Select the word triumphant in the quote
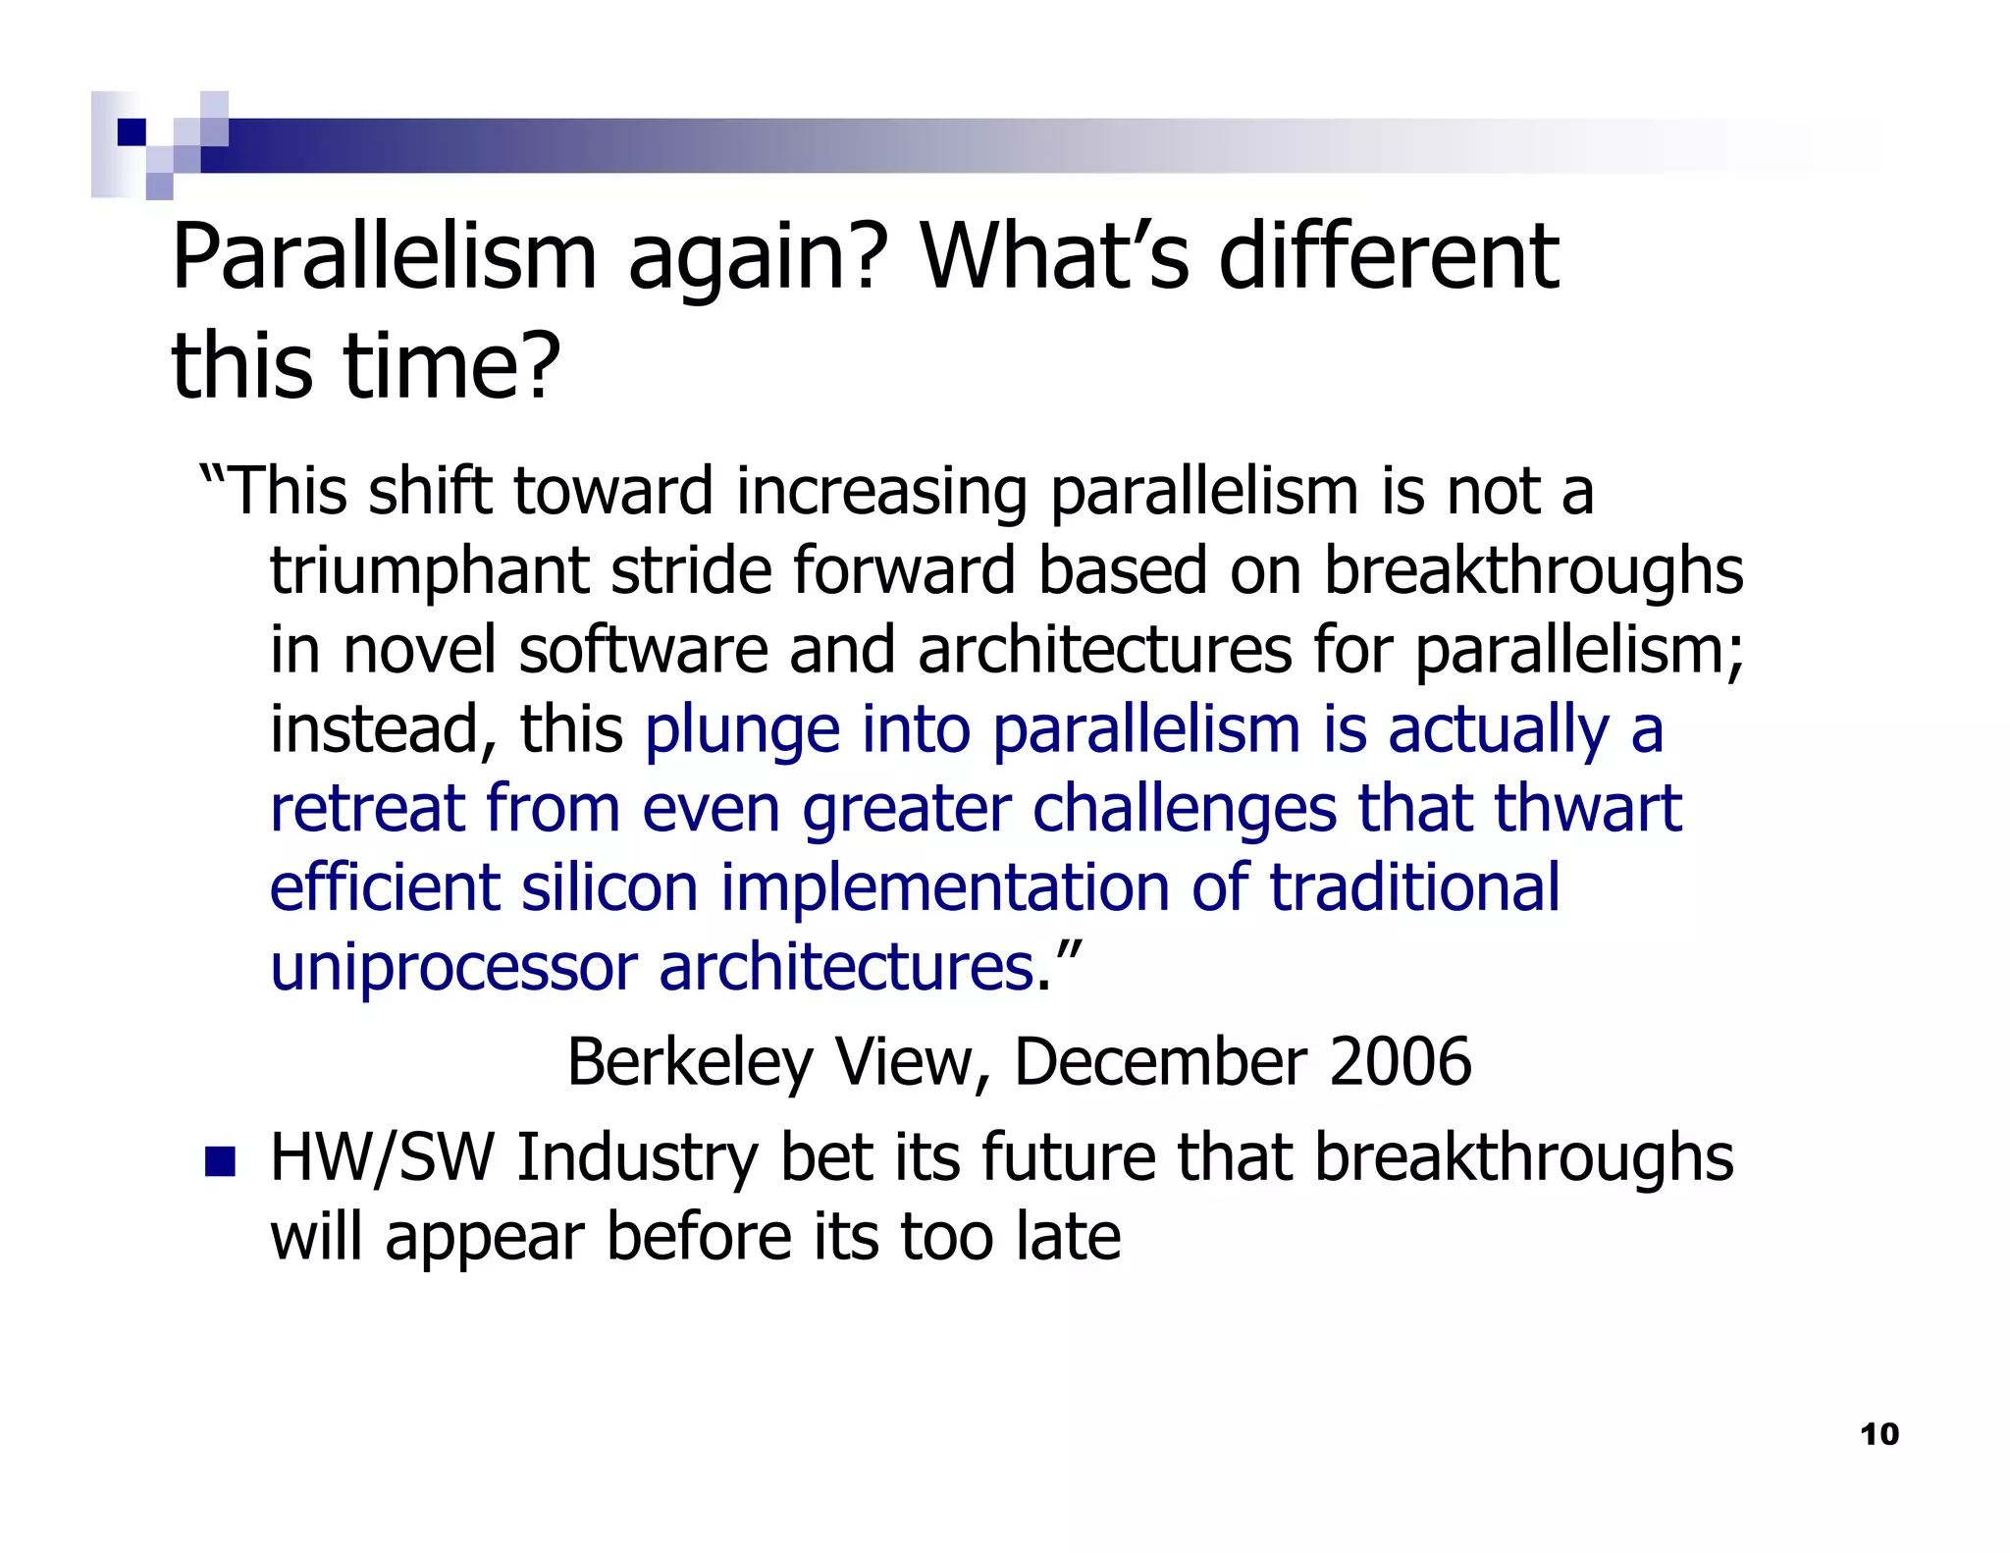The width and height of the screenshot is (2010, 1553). click(429, 570)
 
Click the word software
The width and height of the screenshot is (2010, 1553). click(643, 650)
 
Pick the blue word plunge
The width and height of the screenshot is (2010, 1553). click(742, 730)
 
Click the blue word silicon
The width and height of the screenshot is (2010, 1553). click(608, 887)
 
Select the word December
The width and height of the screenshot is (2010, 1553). click(1159, 1062)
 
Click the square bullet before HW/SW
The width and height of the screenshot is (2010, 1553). click(220, 1161)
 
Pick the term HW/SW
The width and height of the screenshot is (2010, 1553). click(381, 1158)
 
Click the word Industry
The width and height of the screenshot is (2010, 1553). click(637, 1158)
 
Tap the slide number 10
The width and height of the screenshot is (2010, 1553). click(1879, 1434)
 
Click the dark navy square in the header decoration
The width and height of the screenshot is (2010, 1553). click(132, 132)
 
